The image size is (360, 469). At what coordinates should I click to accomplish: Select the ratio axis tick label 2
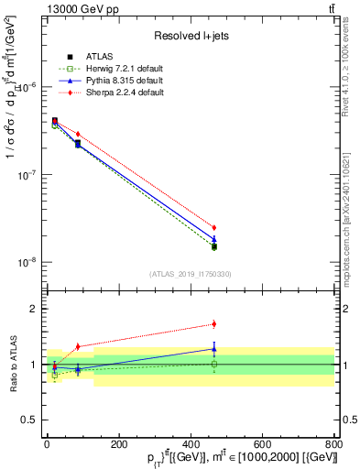[34, 309]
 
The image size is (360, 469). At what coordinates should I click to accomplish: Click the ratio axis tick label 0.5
[30, 420]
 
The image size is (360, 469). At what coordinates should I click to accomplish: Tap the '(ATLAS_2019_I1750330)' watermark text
[190, 274]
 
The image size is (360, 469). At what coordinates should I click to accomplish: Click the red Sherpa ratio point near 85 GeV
[78, 346]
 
